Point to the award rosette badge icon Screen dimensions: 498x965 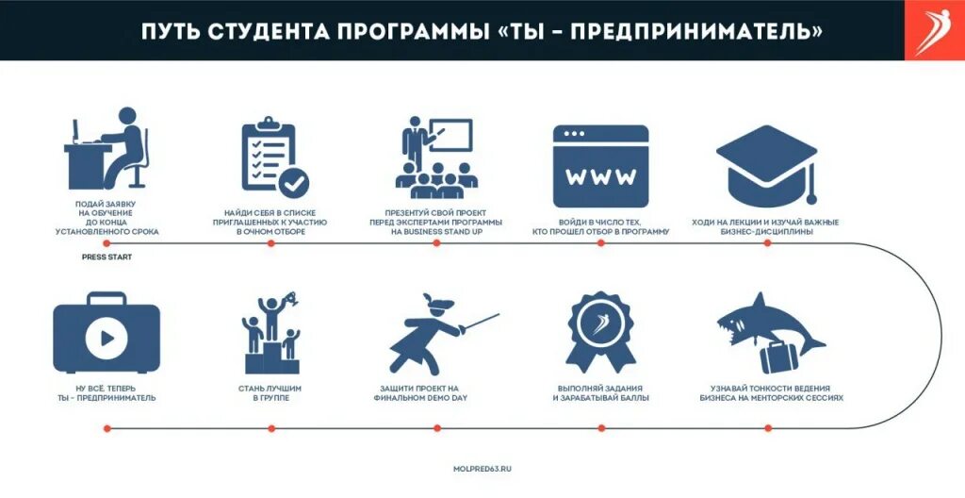(600, 331)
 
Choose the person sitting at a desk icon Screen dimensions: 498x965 (106, 151)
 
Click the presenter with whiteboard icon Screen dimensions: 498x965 (434, 157)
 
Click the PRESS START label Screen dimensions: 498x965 (106, 257)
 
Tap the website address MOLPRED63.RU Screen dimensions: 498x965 (482, 468)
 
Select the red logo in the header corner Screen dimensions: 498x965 (935, 30)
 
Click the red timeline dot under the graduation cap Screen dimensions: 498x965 (766, 242)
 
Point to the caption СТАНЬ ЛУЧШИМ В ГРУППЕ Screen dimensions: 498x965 (270, 392)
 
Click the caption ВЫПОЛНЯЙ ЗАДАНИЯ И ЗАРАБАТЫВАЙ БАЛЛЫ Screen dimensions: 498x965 (600, 392)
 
